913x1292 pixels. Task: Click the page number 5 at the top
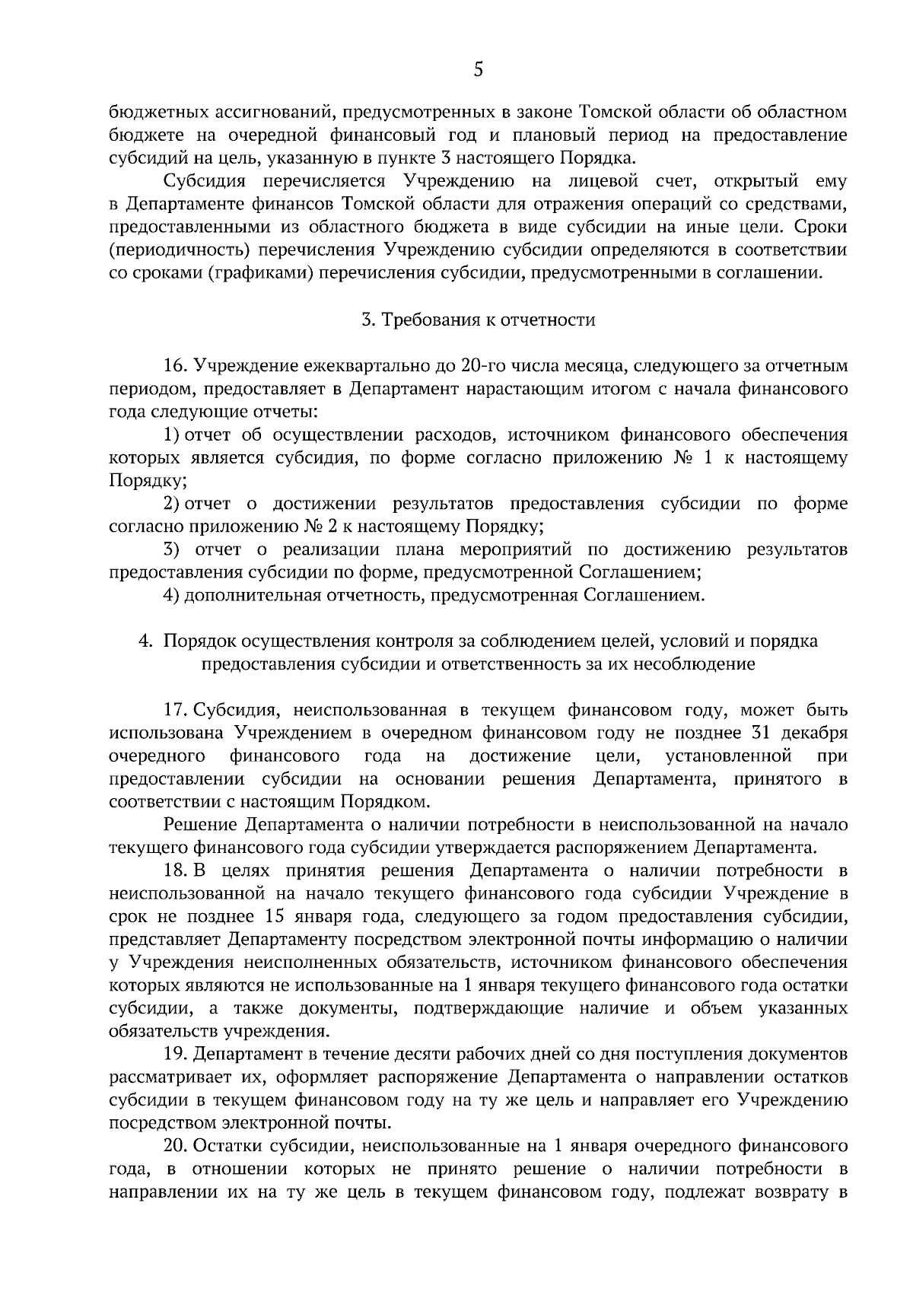coord(478,70)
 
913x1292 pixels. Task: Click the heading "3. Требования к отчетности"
coord(478,320)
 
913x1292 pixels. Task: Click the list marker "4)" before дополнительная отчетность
coord(171,594)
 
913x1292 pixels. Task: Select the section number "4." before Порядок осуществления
coord(146,641)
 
